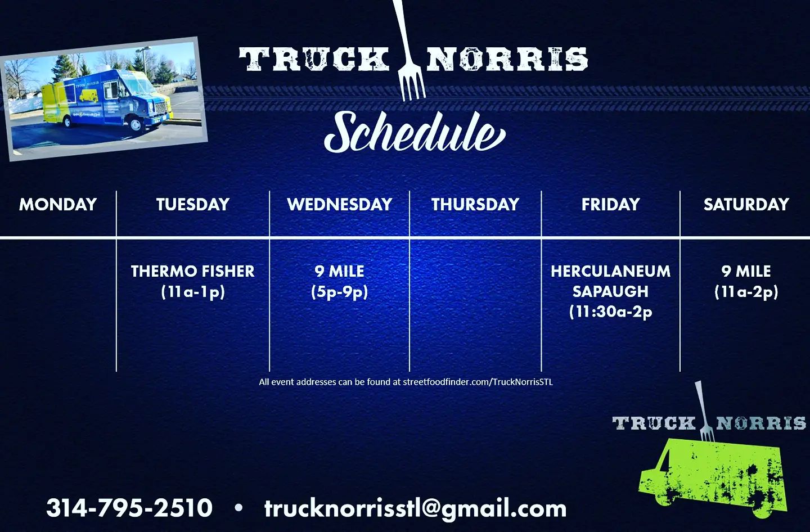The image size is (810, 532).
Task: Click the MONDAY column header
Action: click(58, 205)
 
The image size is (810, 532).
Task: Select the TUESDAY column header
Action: click(193, 205)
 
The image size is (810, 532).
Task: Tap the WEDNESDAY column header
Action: click(340, 205)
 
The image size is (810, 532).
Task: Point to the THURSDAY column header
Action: click(475, 205)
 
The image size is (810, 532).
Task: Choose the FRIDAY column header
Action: click(611, 205)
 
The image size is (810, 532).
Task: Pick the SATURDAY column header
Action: click(746, 205)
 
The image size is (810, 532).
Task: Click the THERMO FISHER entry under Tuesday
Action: click(193, 272)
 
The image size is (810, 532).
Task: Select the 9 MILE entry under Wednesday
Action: click(339, 272)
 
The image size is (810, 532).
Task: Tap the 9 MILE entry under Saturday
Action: click(746, 272)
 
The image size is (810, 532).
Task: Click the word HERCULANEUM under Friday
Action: click(611, 272)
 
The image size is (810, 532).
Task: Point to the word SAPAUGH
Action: click(611, 292)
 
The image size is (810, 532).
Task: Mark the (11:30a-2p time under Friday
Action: click(611, 312)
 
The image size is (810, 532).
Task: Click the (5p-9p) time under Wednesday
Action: click(339, 292)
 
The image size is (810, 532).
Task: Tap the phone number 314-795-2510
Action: click(129, 508)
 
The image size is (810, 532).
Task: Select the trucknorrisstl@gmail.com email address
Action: click(416, 509)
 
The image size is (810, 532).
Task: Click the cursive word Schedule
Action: click(415, 132)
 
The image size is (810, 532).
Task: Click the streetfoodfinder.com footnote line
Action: click(406, 382)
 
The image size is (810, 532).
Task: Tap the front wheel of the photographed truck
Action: click(136, 125)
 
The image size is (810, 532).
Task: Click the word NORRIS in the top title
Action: click(507, 59)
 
